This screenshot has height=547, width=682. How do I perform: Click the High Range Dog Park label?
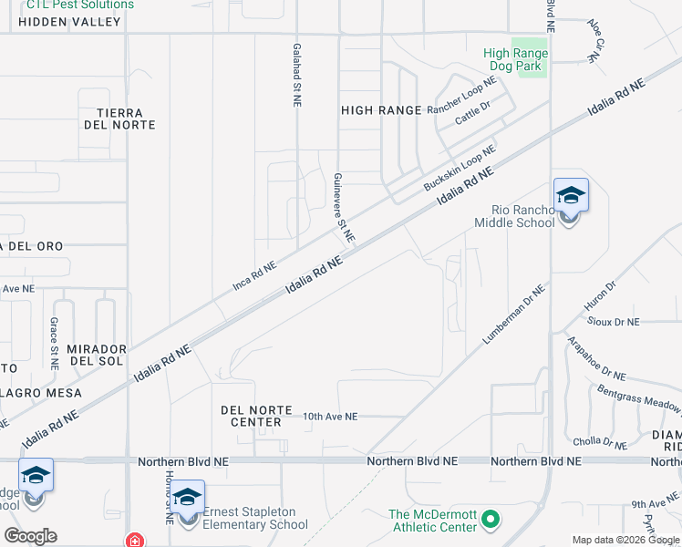tap(516, 59)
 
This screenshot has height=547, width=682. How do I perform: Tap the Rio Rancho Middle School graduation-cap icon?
tap(571, 196)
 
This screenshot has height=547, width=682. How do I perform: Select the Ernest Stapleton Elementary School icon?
tap(188, 498)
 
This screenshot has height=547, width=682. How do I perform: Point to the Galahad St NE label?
tap(297, 76)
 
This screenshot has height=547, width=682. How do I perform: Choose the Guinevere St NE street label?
tap(342, 207)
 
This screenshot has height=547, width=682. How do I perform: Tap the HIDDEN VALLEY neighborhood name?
tap(68, 22)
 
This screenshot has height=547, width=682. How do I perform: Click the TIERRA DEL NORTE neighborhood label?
tap(119, 118)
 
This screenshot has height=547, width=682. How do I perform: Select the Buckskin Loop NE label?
tap(460, 168)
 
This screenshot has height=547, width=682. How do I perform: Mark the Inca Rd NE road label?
tap(254, 273)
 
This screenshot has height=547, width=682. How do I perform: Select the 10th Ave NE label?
tap(330, 416)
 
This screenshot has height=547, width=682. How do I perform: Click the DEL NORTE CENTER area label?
tap(252, 416)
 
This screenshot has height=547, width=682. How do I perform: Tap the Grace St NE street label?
tap(55, 343)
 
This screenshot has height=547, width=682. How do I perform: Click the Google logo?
tap(30, 536)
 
